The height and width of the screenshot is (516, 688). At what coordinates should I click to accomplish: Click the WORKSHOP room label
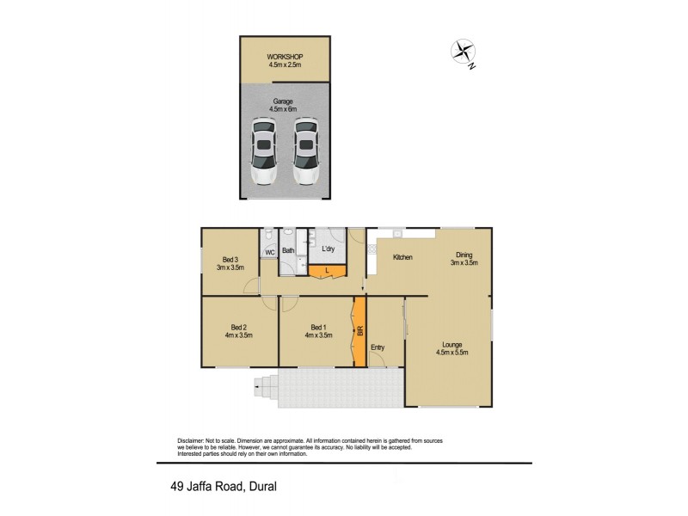point(285,58)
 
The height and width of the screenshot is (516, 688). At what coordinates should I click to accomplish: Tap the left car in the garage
point(263,152)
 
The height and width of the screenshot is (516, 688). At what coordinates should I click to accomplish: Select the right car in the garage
point(304,152)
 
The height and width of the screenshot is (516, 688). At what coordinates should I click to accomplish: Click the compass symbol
point(464,52)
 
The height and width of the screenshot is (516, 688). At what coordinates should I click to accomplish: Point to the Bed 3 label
point(230,261)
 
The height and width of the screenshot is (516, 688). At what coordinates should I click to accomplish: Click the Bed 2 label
point(238,327)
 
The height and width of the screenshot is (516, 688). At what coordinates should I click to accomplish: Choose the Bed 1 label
point(318,327)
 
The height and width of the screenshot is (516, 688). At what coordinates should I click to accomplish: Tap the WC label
point(269,253)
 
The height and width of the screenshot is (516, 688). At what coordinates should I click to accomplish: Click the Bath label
point(288,251)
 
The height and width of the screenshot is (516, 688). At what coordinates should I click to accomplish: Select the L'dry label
point(328,249)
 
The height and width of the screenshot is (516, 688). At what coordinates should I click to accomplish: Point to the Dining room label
point(464,255)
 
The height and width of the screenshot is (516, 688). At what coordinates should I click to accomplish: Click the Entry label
point(377,347)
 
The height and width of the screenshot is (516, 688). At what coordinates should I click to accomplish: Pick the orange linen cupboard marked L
point(327,272)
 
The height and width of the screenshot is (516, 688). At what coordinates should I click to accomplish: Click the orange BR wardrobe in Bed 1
point(359,330)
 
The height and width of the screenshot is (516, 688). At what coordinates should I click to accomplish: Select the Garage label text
point(283,101)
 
